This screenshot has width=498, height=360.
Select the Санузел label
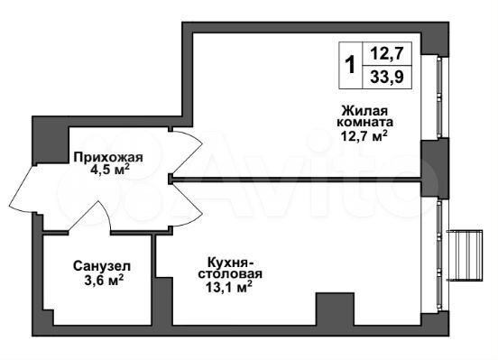click(100, 266)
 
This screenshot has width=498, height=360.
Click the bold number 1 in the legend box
click(349, 66)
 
